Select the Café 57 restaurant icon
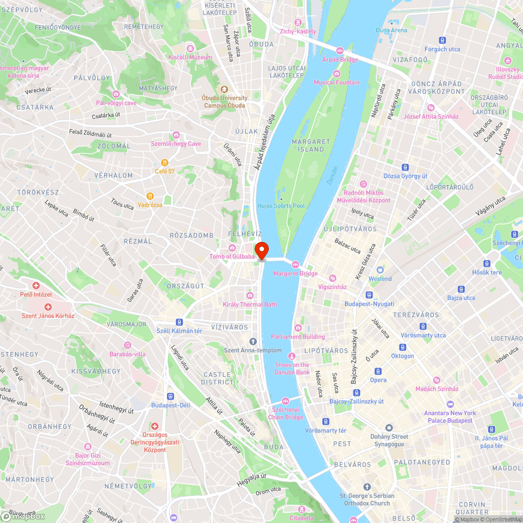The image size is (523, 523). point(165,162)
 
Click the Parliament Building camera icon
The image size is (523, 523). point(298,328)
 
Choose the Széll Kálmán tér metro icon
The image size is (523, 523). point(179,322)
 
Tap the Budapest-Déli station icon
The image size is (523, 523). point(170,396)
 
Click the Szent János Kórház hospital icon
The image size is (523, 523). point(48,307)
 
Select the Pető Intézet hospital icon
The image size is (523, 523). point(36,286)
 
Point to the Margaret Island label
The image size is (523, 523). point(311,145)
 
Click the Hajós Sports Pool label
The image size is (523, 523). point(281,206)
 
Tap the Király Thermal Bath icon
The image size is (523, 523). point(249,295)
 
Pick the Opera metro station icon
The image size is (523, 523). point(378,371)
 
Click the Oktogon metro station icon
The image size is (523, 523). point(402,347)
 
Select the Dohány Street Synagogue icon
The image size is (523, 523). point(389,428)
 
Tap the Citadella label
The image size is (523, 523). point(301,518)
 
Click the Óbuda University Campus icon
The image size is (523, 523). point(225,89)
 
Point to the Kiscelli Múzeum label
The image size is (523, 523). point(190,57)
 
